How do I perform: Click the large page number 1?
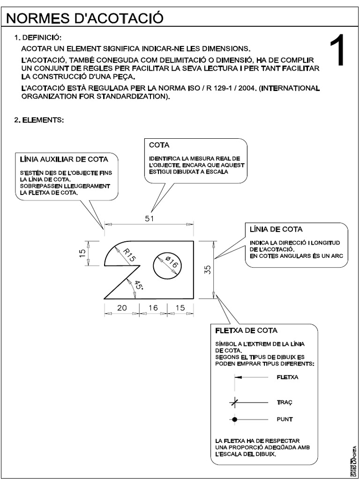coord(338,52)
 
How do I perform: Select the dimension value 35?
coord(209,269)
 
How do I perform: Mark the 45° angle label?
coord(138,285)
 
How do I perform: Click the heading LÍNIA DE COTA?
coord(276,229)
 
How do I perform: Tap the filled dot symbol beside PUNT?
coord(235,419)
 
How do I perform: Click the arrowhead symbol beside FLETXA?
coord(238,377)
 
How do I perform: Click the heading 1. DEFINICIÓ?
coord(38,37)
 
